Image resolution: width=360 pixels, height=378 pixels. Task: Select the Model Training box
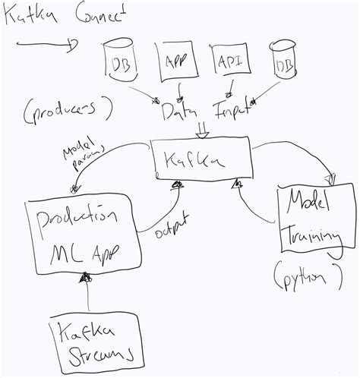click(308, 221)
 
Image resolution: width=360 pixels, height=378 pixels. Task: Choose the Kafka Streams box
click(90, 342)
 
